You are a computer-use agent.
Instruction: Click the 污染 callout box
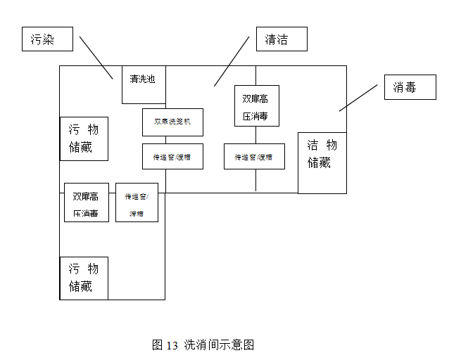[47, 39]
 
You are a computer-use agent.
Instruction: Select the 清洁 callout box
[282, 39]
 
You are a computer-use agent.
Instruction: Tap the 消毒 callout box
[410, 87]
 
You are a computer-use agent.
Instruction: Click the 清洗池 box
[144, 84]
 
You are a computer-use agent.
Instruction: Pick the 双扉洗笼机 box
[172, 122]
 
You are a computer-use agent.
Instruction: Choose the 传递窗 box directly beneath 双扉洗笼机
[172, 157]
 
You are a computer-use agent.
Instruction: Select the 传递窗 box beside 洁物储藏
[254, 157]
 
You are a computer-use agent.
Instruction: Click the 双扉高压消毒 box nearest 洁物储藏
[255, 105]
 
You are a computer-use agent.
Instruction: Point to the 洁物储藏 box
[322, 162]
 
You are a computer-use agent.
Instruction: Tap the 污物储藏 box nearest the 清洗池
[84, 139]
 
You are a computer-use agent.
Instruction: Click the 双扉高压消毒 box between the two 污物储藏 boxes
[86, 202]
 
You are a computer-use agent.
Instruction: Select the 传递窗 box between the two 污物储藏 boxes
[137, 202]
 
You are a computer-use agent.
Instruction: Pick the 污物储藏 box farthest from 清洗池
[84, 278]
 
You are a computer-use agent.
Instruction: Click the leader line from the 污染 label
[96, 58]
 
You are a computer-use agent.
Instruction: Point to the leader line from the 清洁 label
[232, 61]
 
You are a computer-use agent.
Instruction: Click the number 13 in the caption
[172, 345]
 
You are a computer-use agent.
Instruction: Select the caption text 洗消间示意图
[219, 345]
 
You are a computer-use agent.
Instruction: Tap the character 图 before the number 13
[158, 345]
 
